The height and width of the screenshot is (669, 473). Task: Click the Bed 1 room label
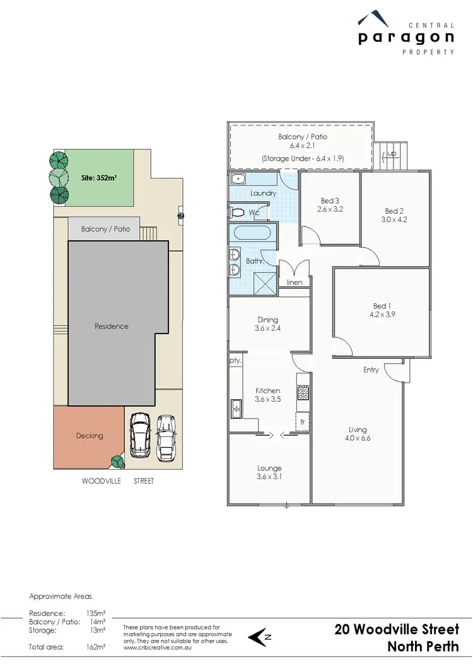[x=380, y=306]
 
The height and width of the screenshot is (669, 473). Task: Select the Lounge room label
[x=269, y=468]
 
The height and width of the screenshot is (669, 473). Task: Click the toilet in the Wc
[x=238, y=212]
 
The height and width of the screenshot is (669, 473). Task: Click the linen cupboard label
[x=295, y=282]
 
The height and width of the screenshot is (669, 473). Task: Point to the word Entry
[x=371, y=370]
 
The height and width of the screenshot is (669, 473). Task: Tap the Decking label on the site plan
[x=89, y=435]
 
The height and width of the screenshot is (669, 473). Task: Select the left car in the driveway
[x=139, y=435]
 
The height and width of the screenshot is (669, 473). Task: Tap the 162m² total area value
[x=96, y=647]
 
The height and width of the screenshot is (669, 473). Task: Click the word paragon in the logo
[x=406, y=38]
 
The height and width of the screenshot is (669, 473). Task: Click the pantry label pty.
[x=235, y=361]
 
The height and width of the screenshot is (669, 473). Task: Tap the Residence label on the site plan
[x=112, y=326]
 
